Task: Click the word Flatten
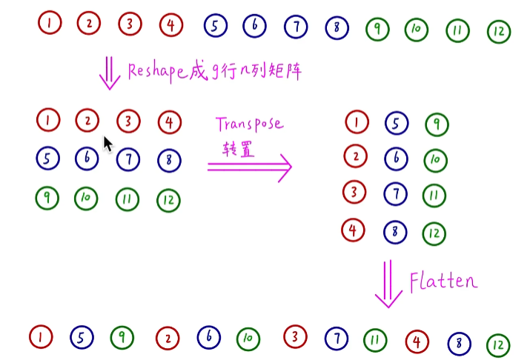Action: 443,281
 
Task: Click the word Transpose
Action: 249,123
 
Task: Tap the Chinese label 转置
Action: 239,147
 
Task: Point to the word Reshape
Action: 164,70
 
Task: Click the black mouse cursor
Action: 107,144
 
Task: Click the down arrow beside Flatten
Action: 388,284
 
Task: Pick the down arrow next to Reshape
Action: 110,73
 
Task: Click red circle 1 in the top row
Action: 49,23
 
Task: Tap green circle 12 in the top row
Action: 498,31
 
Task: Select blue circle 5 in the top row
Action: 214,27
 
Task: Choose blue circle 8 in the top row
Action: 337,28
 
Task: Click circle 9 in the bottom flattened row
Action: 122,338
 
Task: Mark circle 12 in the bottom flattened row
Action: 498,344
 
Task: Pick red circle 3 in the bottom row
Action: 295,337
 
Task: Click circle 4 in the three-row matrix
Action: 169,121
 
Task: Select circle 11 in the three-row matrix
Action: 127,199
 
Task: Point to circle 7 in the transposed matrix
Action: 395,195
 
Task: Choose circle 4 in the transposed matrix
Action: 353,230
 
